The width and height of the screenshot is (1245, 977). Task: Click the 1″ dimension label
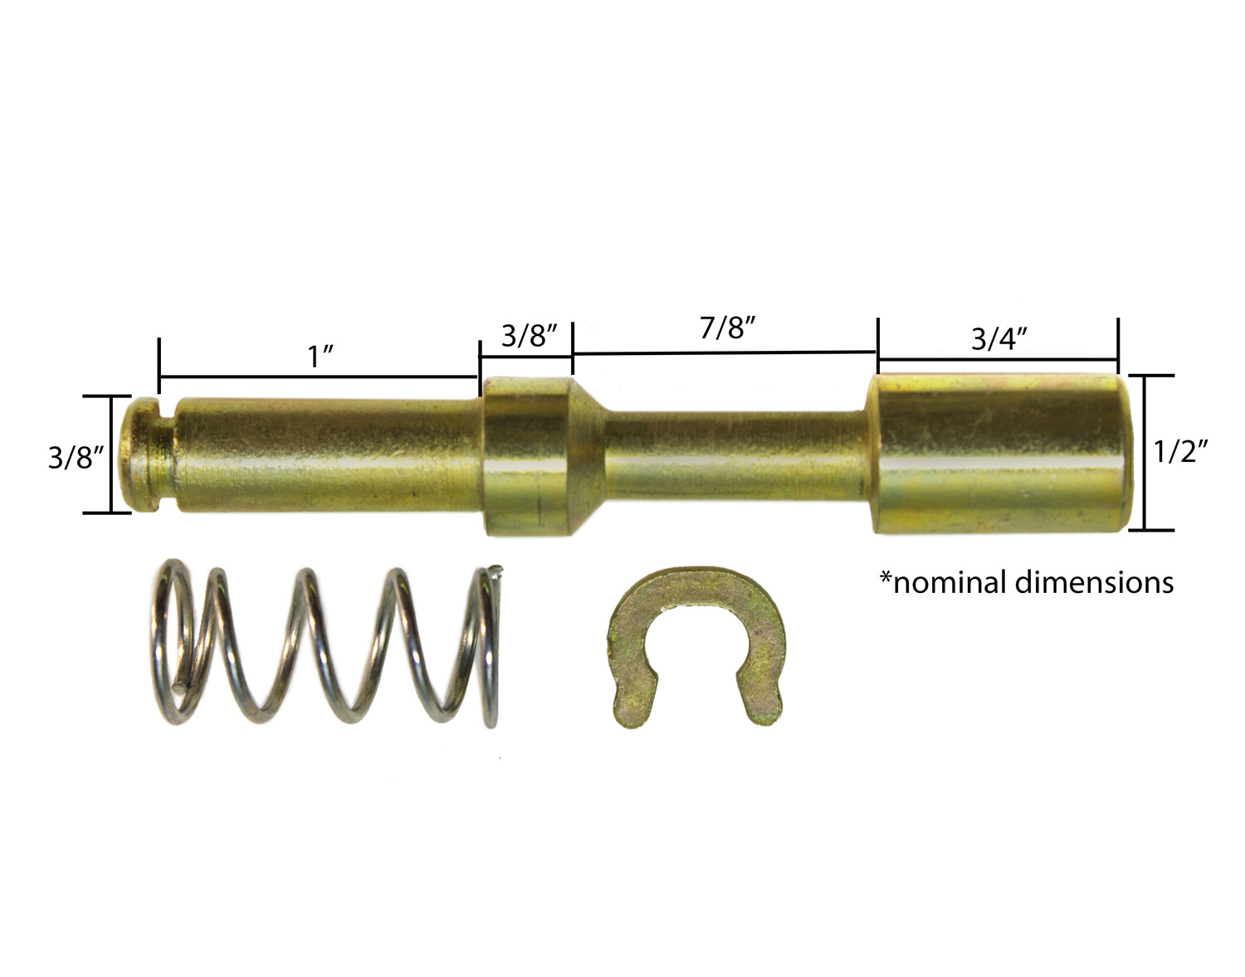click(x=320, y=357)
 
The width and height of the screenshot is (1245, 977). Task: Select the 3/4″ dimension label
click(x=999, y=338)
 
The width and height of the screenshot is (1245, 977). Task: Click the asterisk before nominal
click(x=886, y=577)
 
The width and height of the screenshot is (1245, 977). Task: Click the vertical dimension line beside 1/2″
click(x=1145, y=452)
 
